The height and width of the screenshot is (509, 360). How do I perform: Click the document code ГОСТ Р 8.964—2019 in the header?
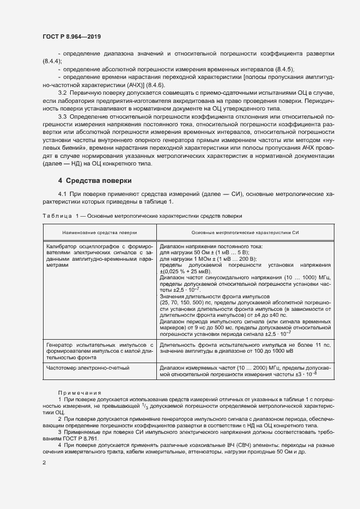coord(71,36)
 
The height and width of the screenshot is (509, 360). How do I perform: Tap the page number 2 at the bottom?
coord(44,463)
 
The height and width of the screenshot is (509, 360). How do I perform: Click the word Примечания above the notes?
coord(76,392)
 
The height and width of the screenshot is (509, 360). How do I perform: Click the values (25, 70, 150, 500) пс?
coord(189,302)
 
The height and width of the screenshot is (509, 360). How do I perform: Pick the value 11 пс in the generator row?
coord(323,345)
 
